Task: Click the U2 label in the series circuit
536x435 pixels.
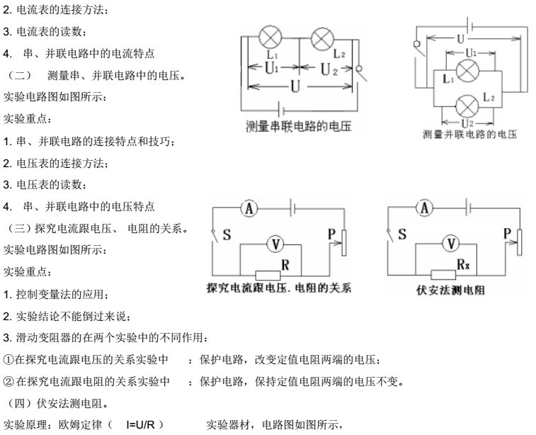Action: tap(330, 69)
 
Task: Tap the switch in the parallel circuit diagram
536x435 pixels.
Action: tap(418, 47)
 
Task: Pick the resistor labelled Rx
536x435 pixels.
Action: tap(443, 274)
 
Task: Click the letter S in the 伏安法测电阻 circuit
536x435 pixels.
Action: tap(401, 235)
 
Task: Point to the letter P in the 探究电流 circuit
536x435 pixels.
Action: tap(329, 233)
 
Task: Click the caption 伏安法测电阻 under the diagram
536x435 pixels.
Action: tap(444, 290)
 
